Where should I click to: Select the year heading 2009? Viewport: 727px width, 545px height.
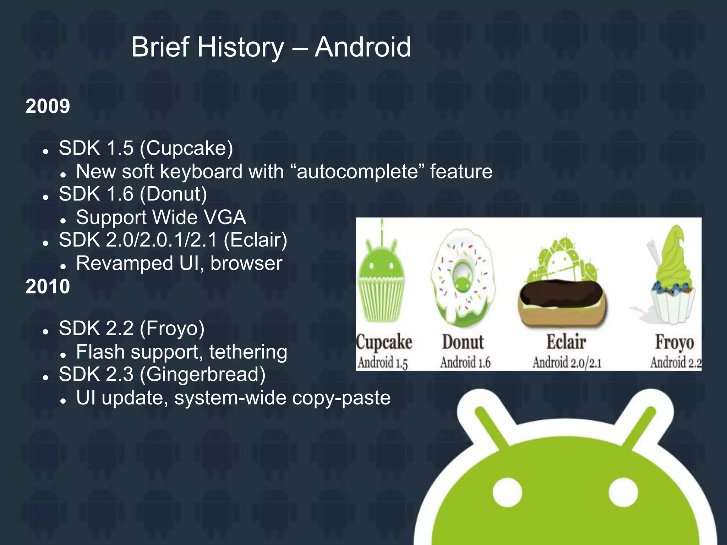pos(48,106)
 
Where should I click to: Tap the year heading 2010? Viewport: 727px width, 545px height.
pos(48,286)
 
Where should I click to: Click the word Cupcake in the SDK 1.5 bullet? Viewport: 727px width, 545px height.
pos(186,148)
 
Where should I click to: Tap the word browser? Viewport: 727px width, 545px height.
pos(246,263)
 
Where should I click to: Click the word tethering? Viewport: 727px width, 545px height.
pos(248,352)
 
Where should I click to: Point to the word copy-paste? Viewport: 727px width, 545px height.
pos(341,398)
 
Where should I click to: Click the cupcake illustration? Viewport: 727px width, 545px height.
pos(382,280)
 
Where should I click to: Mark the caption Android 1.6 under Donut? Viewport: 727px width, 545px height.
pos(465,363)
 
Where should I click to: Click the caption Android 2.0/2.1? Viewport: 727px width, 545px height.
pos(567,363)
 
